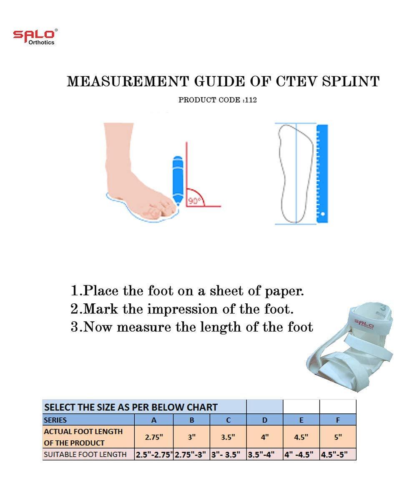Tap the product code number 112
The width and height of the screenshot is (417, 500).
(251, 100)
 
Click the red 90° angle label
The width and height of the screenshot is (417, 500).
(194, 201)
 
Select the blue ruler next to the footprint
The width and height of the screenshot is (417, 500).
(322, 173)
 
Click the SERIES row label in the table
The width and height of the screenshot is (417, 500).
(55, 420)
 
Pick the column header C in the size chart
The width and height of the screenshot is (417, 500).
(228, 420)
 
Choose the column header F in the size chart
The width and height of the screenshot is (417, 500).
(338, 420)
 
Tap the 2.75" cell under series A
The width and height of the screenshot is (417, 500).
(154, 437)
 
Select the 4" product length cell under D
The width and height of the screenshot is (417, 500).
(265, 437)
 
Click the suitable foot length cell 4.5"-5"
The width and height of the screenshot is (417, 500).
(338, 455)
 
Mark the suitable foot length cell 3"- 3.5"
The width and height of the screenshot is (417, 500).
(228, 455)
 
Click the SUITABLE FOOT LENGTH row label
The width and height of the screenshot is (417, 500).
(85, 455)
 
